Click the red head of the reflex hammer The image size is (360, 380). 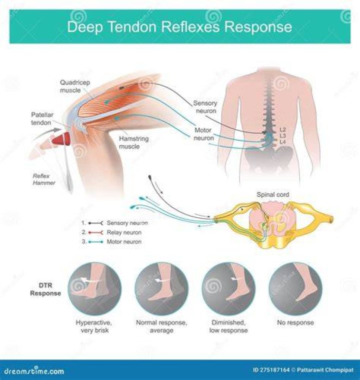61,140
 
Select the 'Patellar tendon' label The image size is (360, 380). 42,119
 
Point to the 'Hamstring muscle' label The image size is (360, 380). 133,143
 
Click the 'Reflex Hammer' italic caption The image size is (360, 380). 44,179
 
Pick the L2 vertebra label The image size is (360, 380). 282,130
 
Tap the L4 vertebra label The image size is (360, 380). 282,142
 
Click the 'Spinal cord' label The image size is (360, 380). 272,195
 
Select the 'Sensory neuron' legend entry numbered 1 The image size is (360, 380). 114,223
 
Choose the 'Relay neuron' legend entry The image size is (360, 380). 111,232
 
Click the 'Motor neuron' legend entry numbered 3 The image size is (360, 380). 111,242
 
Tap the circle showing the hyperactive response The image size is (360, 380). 94,288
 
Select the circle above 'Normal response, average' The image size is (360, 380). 161,288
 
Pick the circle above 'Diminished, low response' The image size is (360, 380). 228,288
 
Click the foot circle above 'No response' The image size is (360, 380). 295,288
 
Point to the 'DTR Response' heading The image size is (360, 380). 45,289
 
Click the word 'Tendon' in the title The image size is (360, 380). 132,27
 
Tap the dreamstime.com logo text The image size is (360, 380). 34,371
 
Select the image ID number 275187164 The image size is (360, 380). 274,370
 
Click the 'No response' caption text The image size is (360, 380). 295,322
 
